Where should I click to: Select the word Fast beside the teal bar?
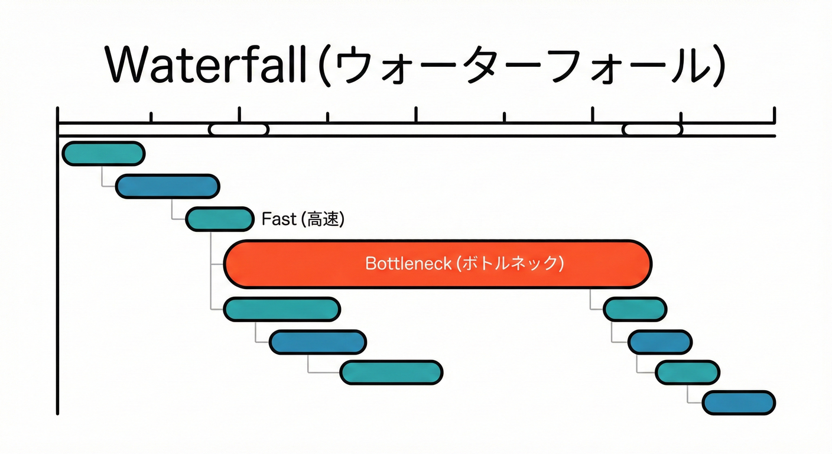[278, 219]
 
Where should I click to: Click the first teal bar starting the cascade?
[103, 154]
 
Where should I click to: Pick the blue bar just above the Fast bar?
[168, 186]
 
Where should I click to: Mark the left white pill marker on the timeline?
[239, 129]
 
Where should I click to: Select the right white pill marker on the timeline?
[652, 129]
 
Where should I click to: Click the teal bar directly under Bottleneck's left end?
[282, 309]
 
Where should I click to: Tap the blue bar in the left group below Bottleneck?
[318, 342]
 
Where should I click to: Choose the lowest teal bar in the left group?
[391, 372]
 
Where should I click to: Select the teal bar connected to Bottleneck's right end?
[635, 309]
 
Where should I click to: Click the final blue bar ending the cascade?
[739, 403]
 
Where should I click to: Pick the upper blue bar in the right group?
[659, 342]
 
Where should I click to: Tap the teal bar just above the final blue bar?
[688, 372]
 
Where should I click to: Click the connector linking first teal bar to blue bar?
[103, 177]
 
